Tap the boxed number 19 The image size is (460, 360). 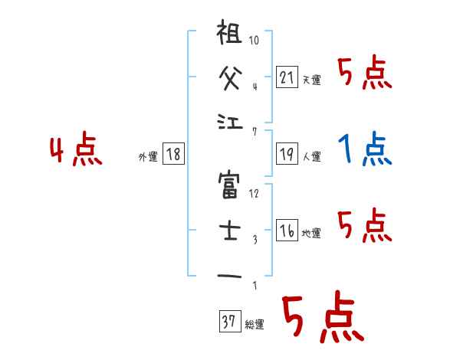(x=287, y=153)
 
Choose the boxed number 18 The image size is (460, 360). (x=173, y=154)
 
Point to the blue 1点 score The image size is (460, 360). (x=364, y=149)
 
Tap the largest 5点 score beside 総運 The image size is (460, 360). (x=321, y=320)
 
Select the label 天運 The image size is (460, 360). (x=311, y=80)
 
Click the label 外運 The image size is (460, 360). (x=148, y=157)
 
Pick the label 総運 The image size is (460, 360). (x=254, y=325)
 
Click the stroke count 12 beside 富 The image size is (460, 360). (x=255, y=193)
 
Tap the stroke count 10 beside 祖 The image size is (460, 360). (x=255, y=40)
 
